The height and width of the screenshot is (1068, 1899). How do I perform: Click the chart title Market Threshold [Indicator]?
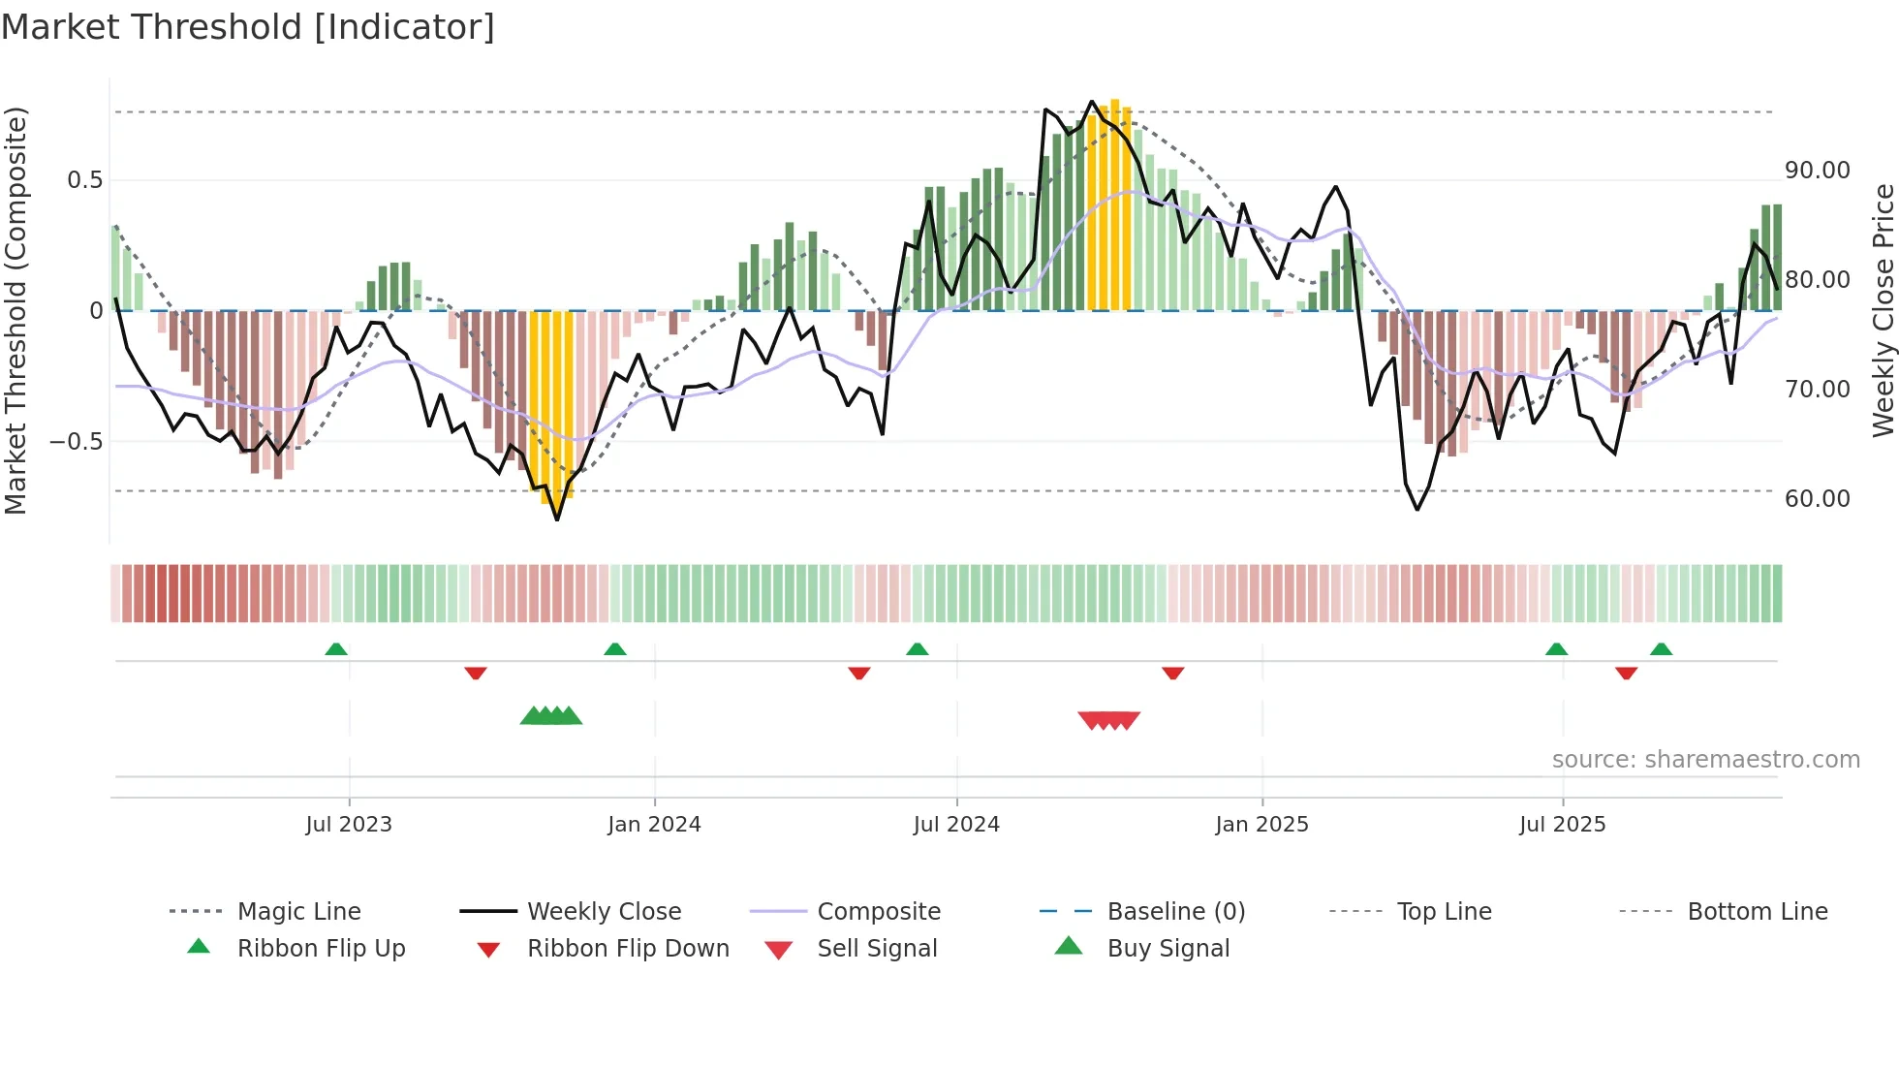click(248, 27)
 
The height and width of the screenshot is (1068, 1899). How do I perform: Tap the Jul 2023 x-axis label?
click(349, 825)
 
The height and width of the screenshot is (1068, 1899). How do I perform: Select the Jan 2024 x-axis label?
click(654, 825)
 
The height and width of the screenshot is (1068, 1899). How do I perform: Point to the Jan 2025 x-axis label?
click(1261, 825)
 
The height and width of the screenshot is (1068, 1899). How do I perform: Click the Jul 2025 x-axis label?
click(1562, 825)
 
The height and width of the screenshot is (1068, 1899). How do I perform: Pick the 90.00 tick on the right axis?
click(1817, 171)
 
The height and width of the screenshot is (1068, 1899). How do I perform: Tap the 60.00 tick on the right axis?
click(1817, 499)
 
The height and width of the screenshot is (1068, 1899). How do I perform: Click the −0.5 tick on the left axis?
click(77, 442)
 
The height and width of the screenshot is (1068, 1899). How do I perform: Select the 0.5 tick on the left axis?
click(85, 180)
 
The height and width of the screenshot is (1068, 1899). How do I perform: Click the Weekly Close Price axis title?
click(1883, 310)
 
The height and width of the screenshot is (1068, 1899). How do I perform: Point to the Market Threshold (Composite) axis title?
click(16, 310)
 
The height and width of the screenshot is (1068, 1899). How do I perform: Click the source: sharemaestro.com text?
click(1705, 760)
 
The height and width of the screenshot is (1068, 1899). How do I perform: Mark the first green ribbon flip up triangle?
click(336, 649)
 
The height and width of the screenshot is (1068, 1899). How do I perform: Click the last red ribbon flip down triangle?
click(1626, 673)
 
